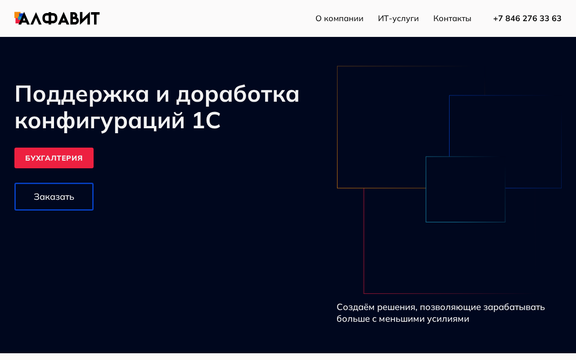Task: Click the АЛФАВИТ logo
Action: (x=57, y=18)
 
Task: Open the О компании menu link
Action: (x=339, y=18)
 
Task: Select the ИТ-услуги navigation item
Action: (x=398, y=18)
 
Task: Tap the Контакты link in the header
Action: (x=452, y=18)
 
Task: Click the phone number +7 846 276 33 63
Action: (x=527, y=18)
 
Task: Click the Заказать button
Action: (x=54, y=197)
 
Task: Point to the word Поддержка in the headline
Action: (x=82, y=94)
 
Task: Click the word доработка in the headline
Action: (x=238, y=94)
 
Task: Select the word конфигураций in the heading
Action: (x=100, y=121)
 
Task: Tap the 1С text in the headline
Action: (x=207, y=120)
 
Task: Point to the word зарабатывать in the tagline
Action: (x=514, y=307)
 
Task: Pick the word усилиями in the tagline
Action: (x=448, y=319)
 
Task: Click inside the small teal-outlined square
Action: (x=465, y=189)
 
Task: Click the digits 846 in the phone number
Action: (x=513, y=18)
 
